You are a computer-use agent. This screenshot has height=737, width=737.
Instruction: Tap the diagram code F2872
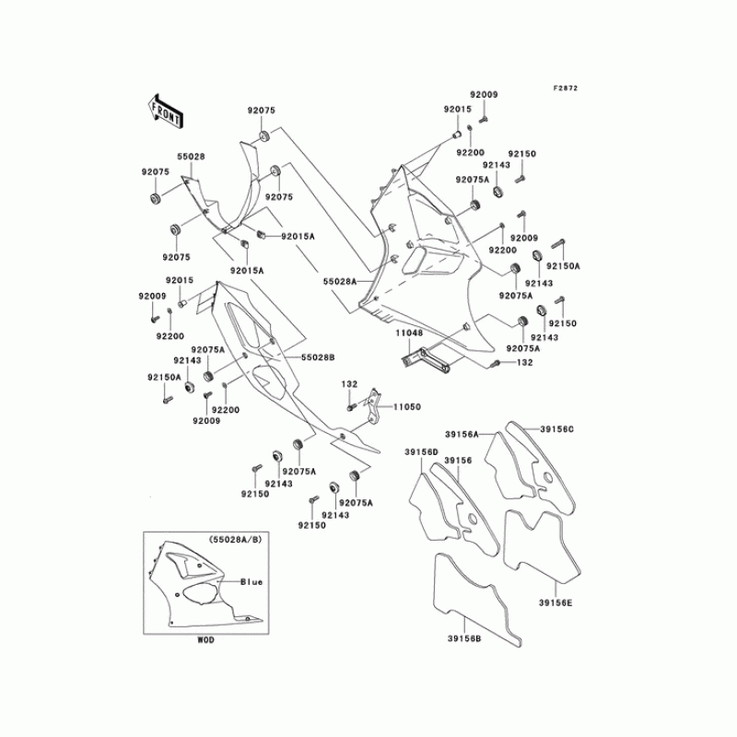(x=565, y=88)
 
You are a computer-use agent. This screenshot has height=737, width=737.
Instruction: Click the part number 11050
(x=406, y=406)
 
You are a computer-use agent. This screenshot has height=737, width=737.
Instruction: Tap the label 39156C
(x=556, y=429)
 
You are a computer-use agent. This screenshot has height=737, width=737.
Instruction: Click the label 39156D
(x=420, y=451)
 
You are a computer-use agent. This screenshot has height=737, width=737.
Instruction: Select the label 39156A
(x=461, y=433)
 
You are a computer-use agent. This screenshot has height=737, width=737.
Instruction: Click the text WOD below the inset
(x=205, y=639)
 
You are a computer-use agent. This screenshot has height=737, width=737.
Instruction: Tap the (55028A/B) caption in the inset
(x=235, y=540)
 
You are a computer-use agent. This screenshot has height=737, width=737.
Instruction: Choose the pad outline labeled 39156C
(x=544, y=461)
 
